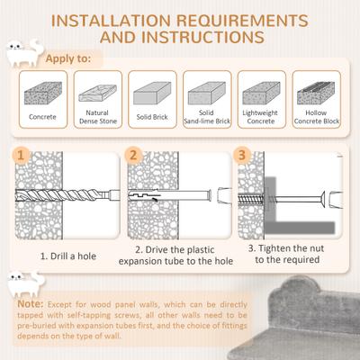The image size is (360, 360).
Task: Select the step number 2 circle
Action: [132, 155]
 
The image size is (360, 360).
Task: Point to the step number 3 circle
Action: [243, 155]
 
